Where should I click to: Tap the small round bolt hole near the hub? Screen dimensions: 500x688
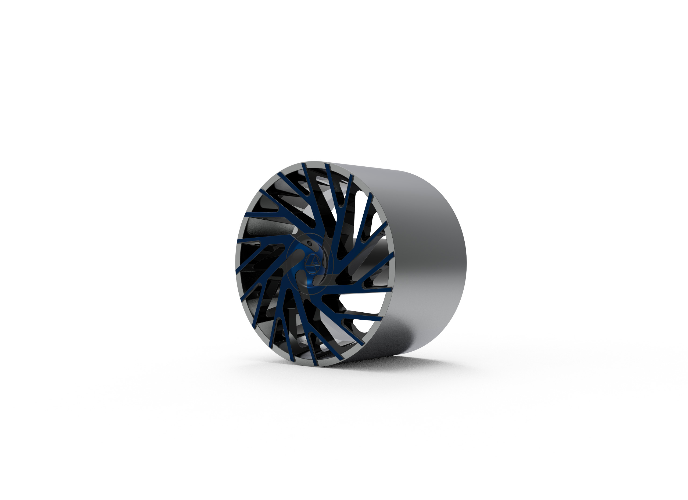(309, 243)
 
